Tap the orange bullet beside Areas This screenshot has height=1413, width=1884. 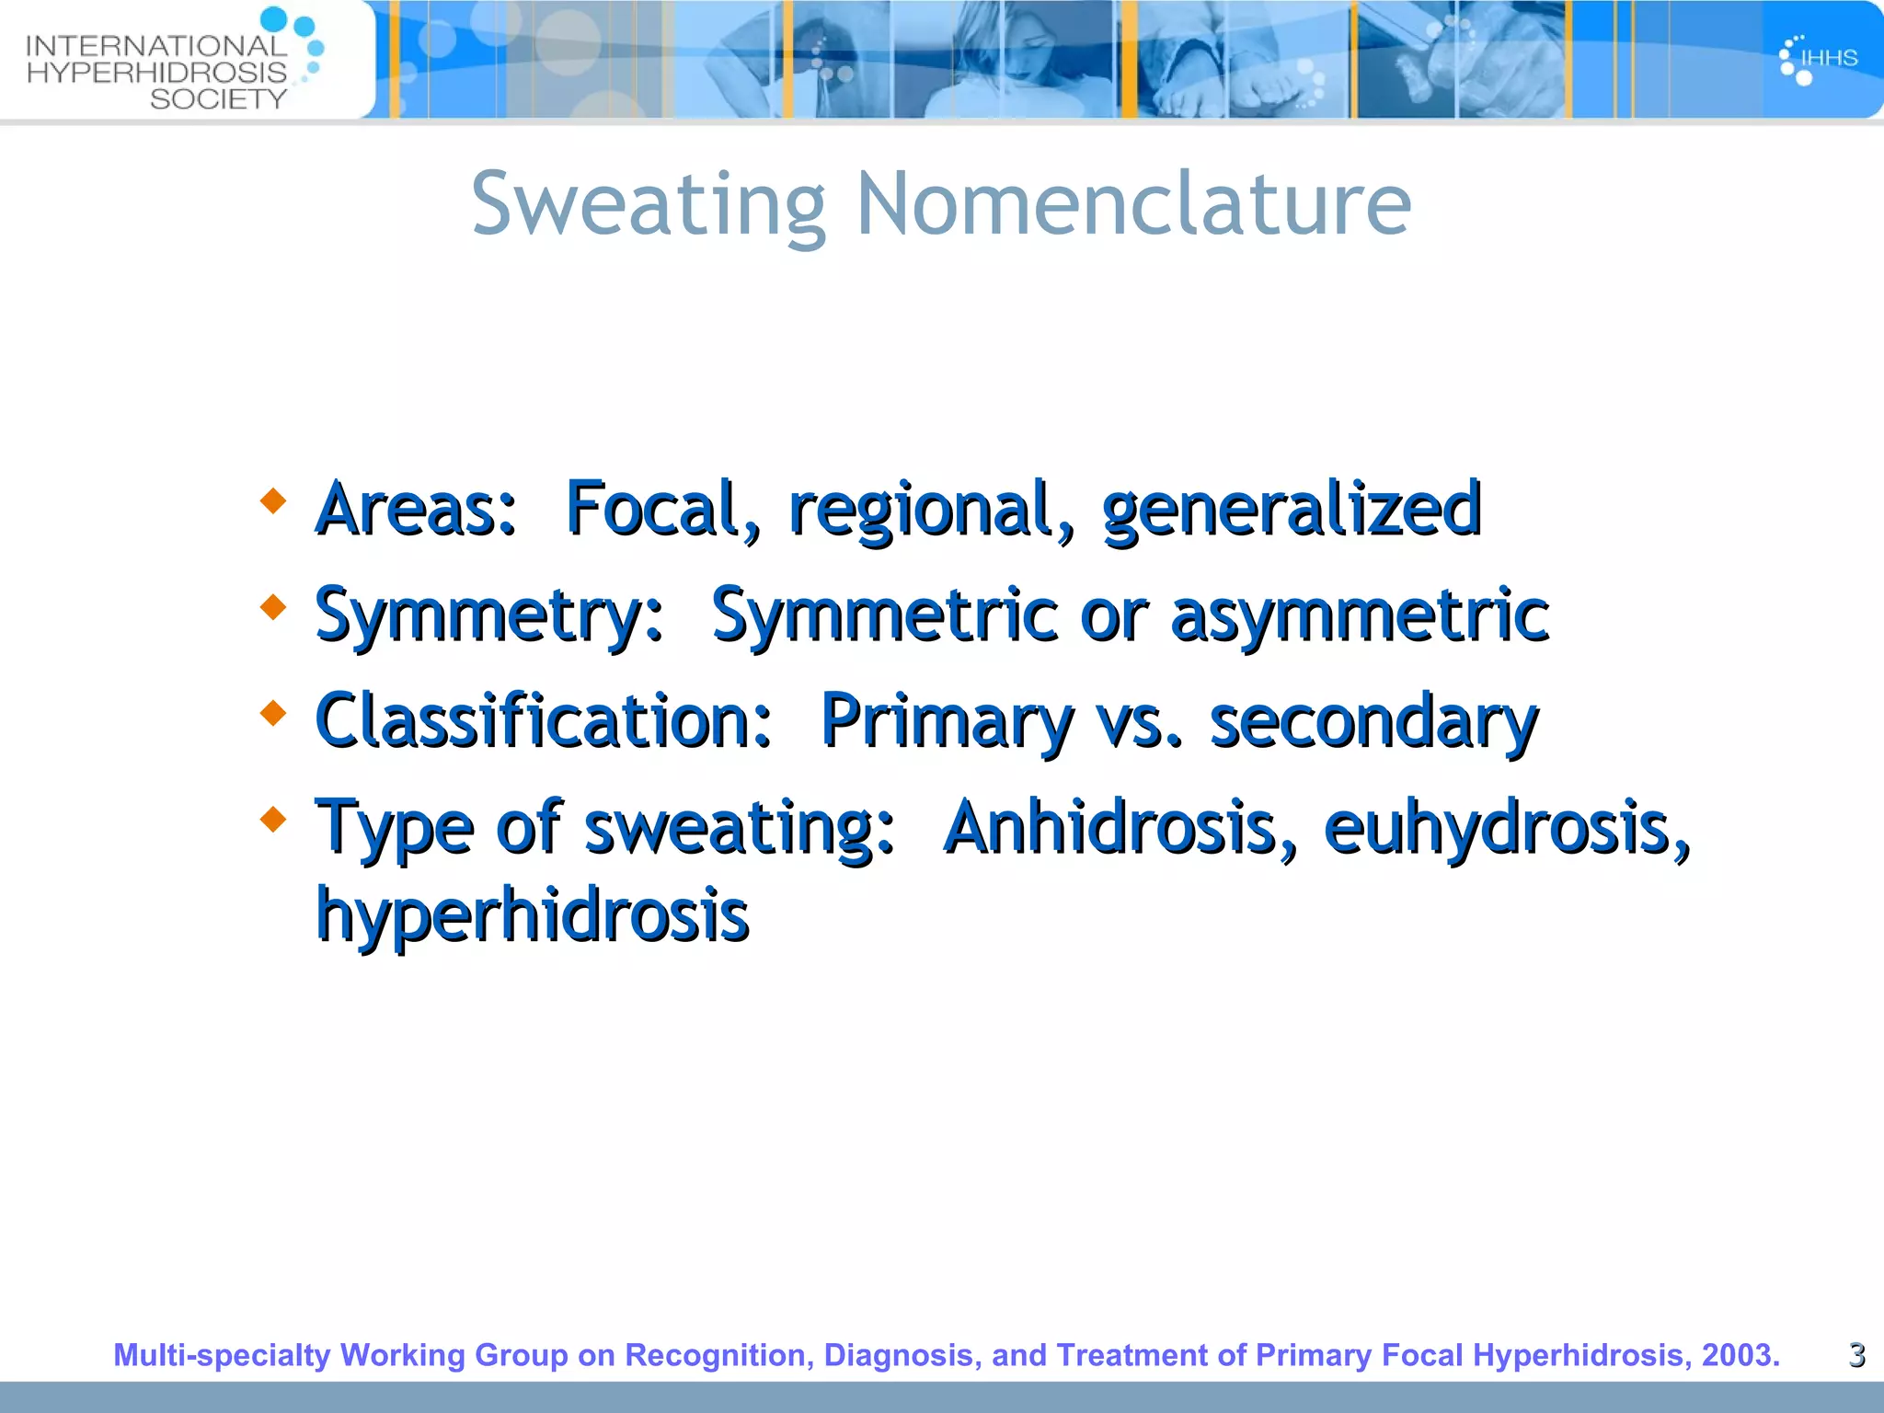click(272, 501)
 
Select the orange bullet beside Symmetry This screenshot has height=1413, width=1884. click(272, 607)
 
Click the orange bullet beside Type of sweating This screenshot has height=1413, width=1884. click(272, 818)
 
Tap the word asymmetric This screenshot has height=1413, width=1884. click(1360, 615)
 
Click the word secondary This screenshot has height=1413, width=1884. click(1373, 721)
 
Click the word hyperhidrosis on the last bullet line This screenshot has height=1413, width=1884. click(533, 916)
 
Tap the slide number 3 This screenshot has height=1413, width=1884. click(1856, 1355)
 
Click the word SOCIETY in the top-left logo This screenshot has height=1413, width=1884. click(219, 98)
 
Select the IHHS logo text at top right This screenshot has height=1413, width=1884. click(1829, 58)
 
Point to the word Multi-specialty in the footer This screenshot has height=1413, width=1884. click(221, 1355)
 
